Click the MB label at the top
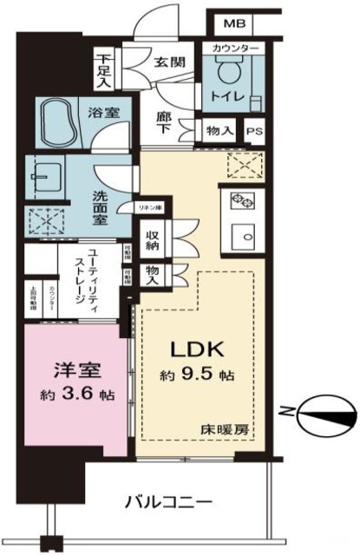[233, 23]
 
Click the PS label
[253, 131]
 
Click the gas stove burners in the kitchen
[240, 202]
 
